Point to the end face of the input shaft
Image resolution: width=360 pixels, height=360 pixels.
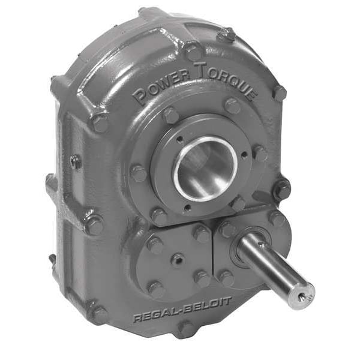coord(304,296)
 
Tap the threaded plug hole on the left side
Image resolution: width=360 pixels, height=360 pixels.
coord(74,162)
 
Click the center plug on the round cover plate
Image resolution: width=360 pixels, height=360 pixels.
coord(178,260)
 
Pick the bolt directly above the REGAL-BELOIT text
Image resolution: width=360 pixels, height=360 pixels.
coord(157,289)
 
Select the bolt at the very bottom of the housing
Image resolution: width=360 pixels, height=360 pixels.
coord(186,329)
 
